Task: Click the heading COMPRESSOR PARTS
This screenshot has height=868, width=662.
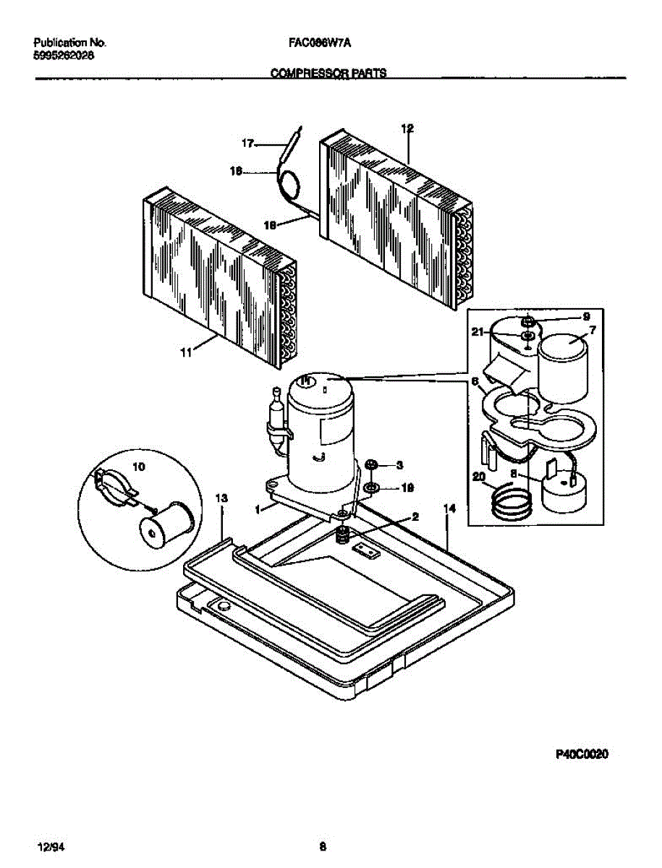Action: pyautogui.click(x=328, y=73)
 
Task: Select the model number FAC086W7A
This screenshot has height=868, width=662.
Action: pyautogui.click(x=315, y=43)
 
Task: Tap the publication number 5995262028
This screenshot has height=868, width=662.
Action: pyautogui.click(x=63, y=55)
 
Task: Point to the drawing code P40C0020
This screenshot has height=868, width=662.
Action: pyautogui.click(x=582, y=755)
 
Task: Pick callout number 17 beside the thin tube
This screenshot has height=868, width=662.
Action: pyautogui.click(x=248, y=144)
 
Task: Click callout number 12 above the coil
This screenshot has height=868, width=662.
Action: pyautogui.click(x=407, y=129)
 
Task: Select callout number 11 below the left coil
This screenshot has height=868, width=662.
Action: pyautogui.click(x=186, y=352)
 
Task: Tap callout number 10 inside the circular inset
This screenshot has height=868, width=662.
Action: pyautogui.click(x=139, y=467)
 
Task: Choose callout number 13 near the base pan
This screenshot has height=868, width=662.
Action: pyautogui.click(x=221, y=498)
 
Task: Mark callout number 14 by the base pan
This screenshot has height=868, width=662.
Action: pyautogui.click(x=449, y=509)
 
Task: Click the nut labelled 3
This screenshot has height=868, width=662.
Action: pyautogui.click(x=371, y=464)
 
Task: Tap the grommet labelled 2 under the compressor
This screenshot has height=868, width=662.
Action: pyautogui.click(x=344, y=536)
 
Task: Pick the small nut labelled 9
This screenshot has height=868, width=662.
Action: pyautogui.click(x=528, y=319)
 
